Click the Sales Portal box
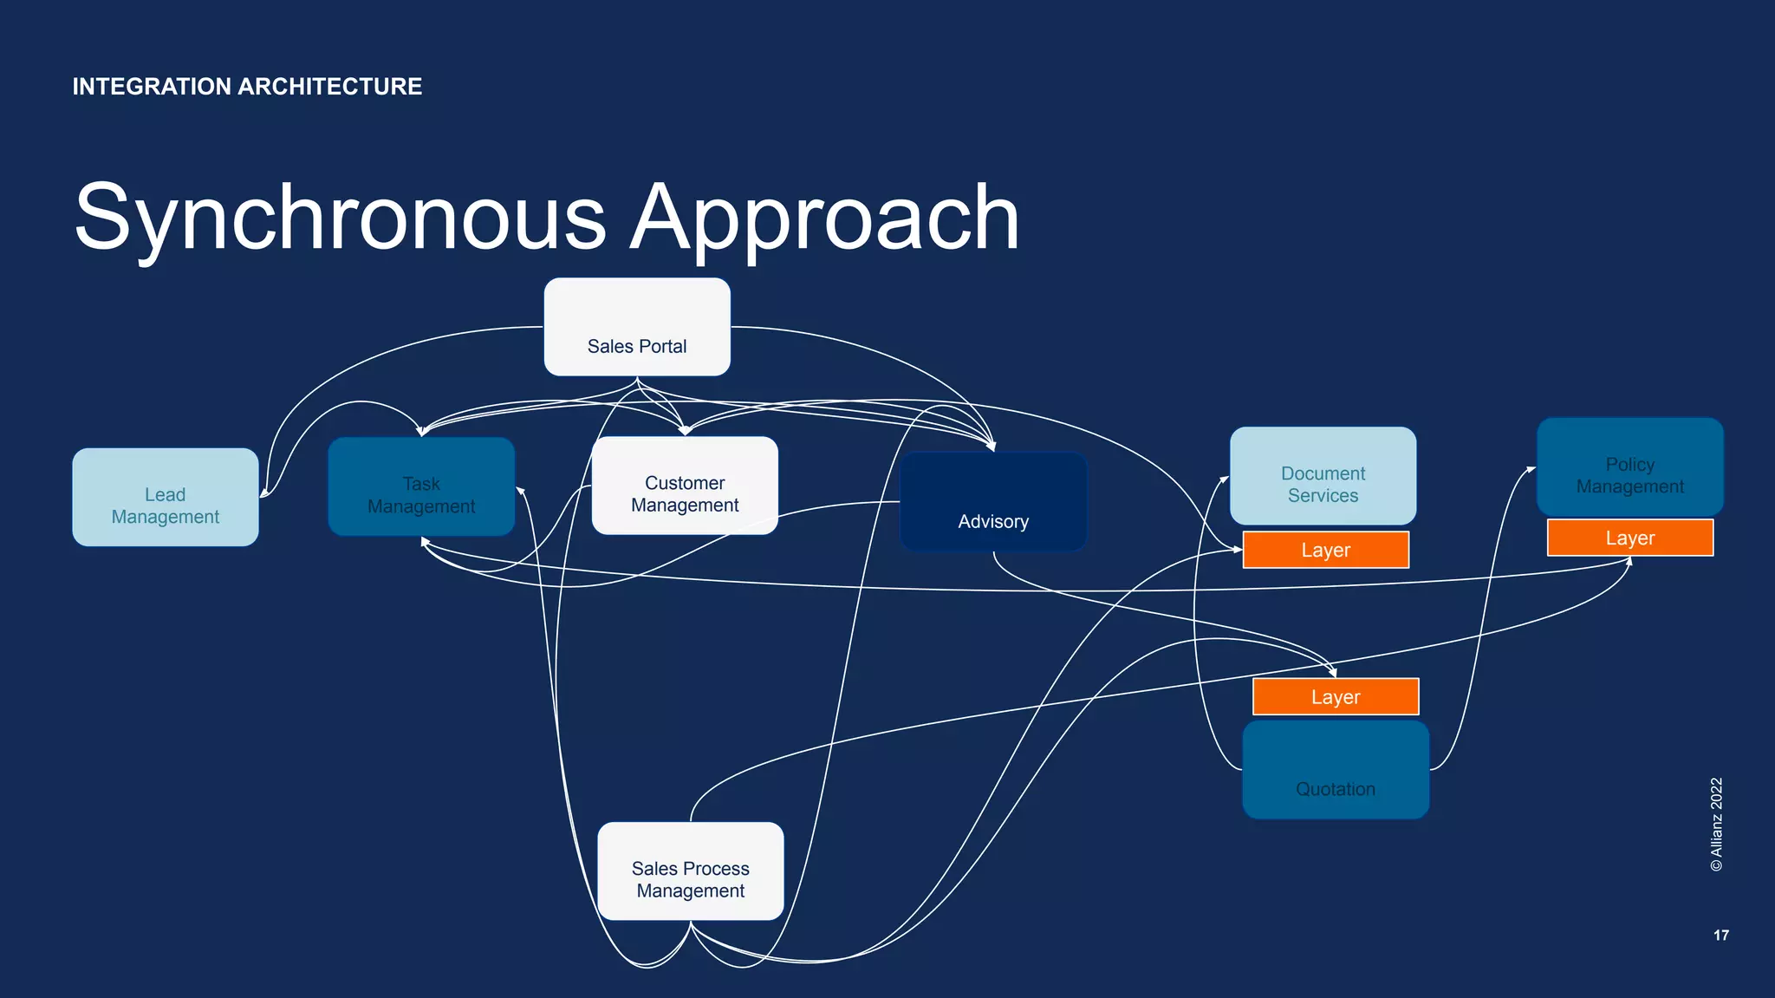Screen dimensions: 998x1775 coord(637,328)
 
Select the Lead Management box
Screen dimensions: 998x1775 coord(166,498)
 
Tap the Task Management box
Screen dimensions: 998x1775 coord(421,487)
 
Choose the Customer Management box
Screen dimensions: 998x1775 coord(685,486)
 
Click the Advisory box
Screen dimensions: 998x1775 coord(993,502)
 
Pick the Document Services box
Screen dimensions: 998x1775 coord(1323,476)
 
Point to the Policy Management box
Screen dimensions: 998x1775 coord(1629,467)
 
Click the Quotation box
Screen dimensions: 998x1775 coord(1335,770)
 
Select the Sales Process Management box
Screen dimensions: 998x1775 coord(691,871)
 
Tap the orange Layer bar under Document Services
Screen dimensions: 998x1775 coord(1325,550)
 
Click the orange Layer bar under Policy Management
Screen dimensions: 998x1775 coord(1629,538)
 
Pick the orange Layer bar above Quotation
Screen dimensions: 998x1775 coord(1335,697)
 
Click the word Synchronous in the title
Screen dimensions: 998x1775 coord(340,218)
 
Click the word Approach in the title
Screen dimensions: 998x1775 coord(824,218)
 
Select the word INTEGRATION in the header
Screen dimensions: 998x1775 coord(152,87)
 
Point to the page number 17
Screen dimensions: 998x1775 coord(1720,935)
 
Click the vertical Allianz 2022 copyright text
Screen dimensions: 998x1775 coord(1716,824)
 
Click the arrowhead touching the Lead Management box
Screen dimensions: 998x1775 coord(264,494)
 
